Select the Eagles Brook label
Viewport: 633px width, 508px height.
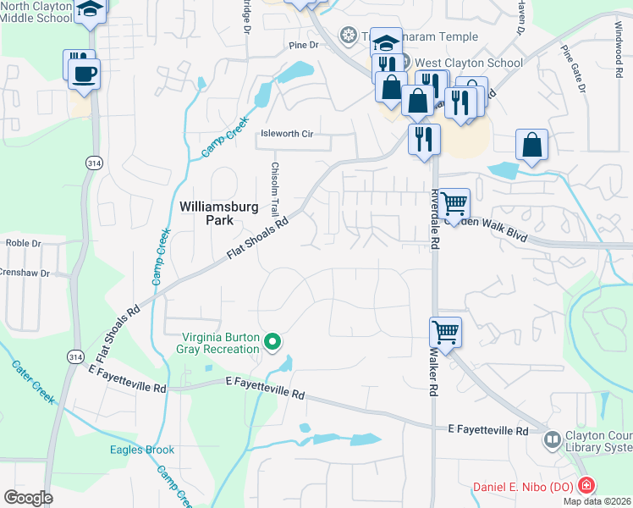point(141,450)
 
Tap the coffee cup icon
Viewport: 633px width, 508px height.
point(85,73)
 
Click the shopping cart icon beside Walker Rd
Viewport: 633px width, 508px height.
point(445,331)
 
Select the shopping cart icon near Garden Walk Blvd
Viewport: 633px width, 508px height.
point(454,202)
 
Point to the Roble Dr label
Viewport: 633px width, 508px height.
point(23,243)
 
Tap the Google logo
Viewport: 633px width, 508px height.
point(27,497)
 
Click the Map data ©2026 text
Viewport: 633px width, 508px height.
point(597,501)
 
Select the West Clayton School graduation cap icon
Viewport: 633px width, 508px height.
point(386,42)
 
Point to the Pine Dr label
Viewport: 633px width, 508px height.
point(302,45)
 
